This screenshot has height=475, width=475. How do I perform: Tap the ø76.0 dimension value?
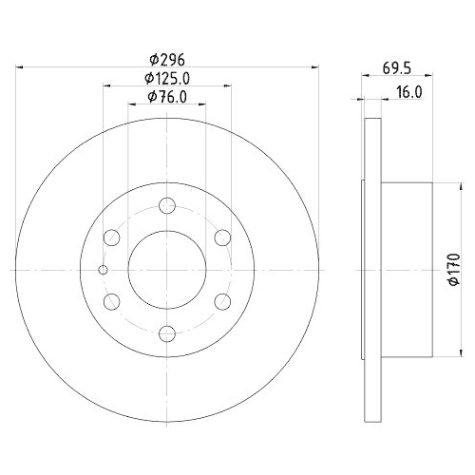click(167, 97)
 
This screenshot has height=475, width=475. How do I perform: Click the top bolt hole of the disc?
click(167, 205)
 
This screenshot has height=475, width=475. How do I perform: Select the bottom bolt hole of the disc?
click(167, 332)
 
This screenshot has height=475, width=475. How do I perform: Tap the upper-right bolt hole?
click(222, 237)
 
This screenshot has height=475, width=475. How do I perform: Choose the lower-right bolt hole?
click(222, 301)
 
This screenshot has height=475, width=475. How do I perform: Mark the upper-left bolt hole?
click(112, 237)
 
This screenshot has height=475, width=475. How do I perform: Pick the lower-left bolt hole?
click(112, 301)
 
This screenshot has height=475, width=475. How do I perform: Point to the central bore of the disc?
click(167, 270)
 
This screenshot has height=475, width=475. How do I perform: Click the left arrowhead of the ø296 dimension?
click(22, 66)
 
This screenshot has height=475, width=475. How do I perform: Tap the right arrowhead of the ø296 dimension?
click(313, 66)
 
